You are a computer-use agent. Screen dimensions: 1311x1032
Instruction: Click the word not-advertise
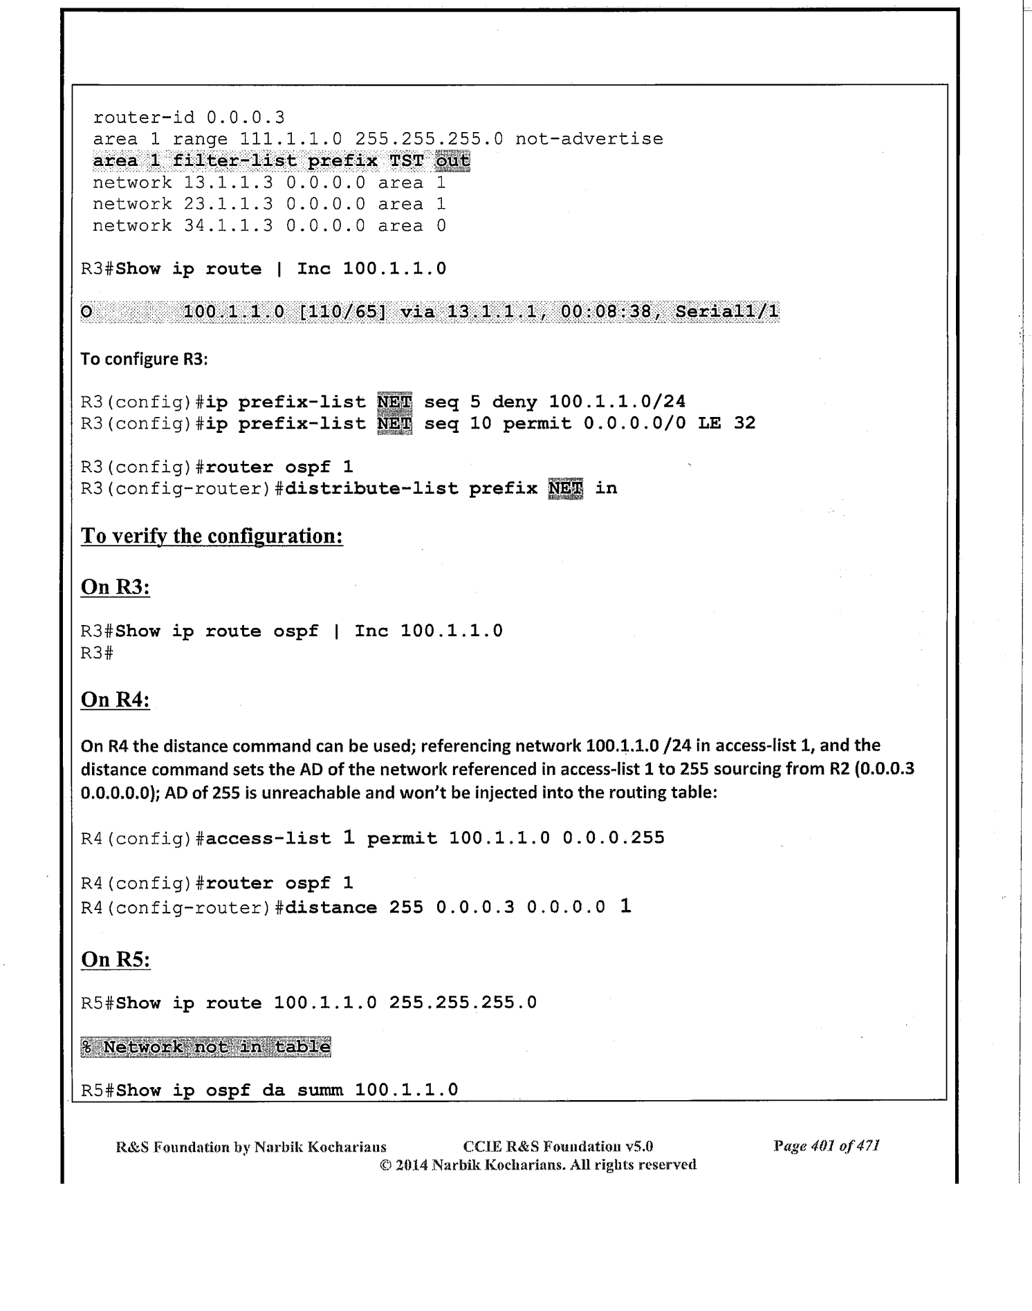[x=589, y=139]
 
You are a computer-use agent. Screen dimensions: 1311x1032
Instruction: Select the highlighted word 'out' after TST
[x=452, y=161]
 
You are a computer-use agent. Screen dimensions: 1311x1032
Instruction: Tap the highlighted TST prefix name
[x=406, y=161]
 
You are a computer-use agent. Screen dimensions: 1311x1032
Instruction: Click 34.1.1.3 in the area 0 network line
[x=228, y=225]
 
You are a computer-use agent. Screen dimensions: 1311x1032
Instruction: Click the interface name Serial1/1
[x=726, y=313]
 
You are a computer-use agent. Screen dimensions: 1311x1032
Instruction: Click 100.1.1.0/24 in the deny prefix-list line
[x=617, y=402]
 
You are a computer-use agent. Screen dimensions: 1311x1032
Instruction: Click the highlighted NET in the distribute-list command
[x=565, y=489]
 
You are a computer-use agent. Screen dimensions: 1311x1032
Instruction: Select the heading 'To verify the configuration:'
[x=212, y=536]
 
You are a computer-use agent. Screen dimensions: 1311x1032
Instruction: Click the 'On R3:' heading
[x=116, y=587]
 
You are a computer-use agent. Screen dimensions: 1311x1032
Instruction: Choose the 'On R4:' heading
[x=116, y=700]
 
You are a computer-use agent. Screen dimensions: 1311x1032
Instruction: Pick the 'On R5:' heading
[x=116, y=959]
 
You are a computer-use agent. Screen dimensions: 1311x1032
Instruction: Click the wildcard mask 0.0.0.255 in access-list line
[x=613, y=838]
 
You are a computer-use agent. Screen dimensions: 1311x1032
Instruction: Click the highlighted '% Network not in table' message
[x=205, y=1047]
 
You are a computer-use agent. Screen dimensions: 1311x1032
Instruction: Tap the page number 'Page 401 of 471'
[x=826, y=1146]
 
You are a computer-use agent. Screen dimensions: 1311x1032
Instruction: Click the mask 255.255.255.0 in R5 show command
[x=463, y=1003]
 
